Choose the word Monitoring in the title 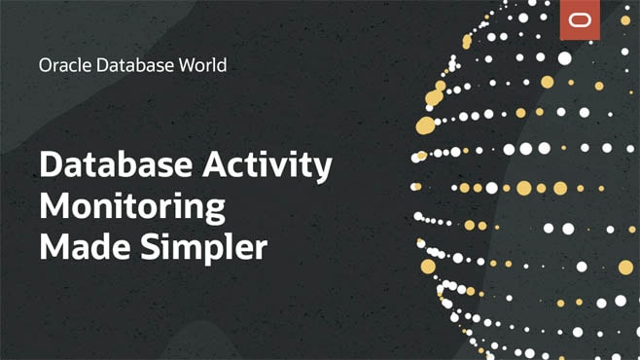pyautogui.click(x=132, y=208)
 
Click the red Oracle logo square pyautogui.click(x=580, y=20)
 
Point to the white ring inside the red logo pyautogui.click(x=580, y=20)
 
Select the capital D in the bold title pyautogui.click(x=50, y=166)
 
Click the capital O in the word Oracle pyautogui.click(x=45, y=66)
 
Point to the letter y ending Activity pyautogui.click(x=322, y=171)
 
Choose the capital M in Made pyautogui.click(x=53, y=246)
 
